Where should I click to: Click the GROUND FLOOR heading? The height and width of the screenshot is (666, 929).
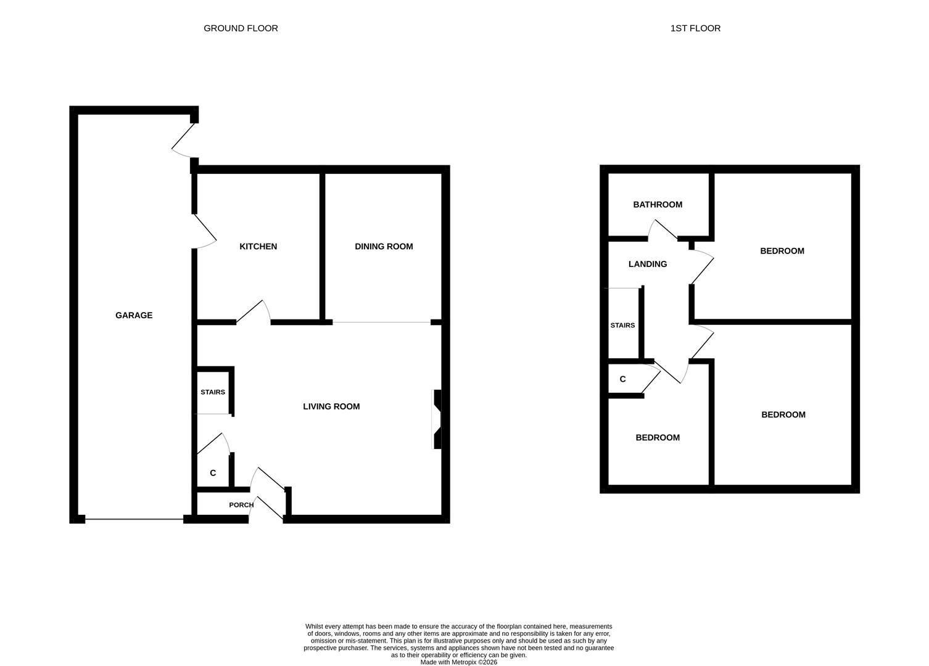[x=241, y=28]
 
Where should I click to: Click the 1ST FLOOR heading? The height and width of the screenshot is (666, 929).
[x=695, y=28]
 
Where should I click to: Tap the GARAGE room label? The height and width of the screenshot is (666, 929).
[x=134, y=315]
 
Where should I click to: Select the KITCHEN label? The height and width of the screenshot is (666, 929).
[x=258, y=247]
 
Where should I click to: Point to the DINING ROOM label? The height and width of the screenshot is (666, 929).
[x=384, y=247]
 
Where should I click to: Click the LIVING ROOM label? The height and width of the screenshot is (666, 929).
[x=331, y=406]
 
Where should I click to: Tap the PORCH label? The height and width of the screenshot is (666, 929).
[x=241, y=505]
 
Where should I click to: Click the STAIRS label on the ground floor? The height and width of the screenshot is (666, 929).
[x=213, y=392]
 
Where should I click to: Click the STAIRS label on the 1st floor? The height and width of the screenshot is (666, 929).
[x=622, y=326]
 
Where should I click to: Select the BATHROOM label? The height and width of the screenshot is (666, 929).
[x=658, y=205]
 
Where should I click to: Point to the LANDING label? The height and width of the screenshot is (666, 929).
[x=648, y=264]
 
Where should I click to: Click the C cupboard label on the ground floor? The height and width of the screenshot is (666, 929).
[x=213, y=473]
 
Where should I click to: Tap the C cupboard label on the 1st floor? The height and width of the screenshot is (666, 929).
[x=622, y=379]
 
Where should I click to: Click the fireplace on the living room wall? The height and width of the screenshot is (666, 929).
[x=437, y=419]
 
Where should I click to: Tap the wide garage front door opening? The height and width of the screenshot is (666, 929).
[x=134, y=519]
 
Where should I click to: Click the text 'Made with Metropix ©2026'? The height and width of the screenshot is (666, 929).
[x=458, y=662]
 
